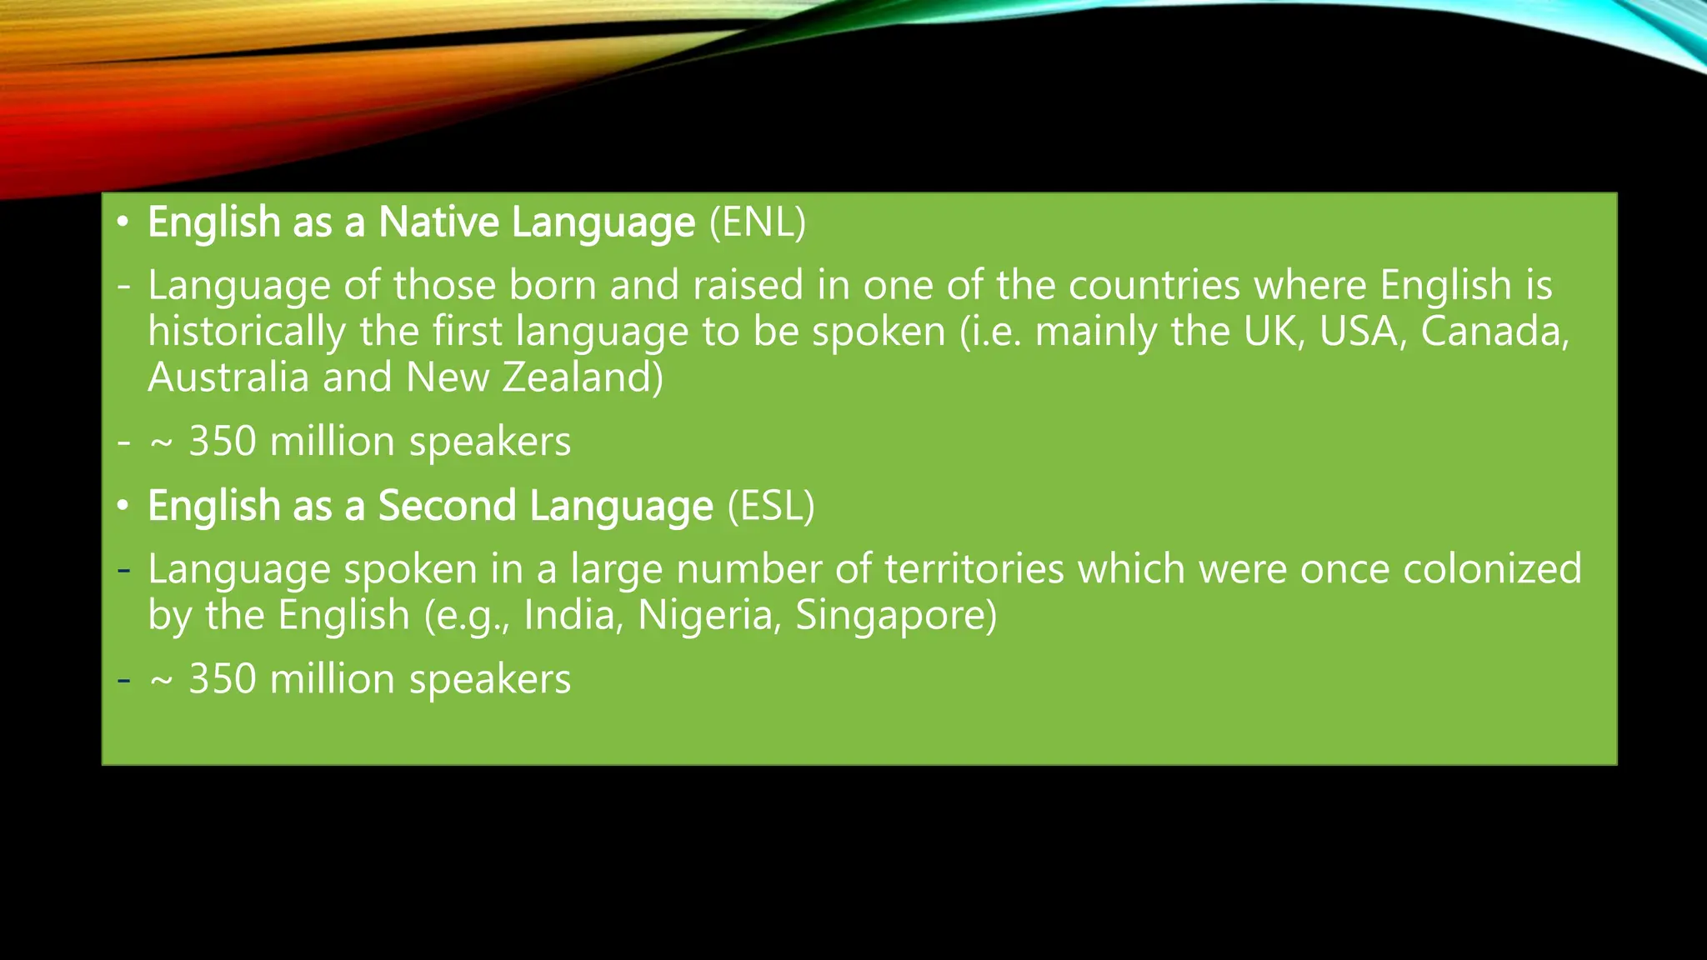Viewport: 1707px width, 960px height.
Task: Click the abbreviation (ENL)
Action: coord(757,222)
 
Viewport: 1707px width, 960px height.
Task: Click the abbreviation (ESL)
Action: coord(770,506)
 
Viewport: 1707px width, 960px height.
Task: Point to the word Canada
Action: coord(1494,331)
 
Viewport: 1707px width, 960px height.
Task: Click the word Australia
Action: coord(228,377)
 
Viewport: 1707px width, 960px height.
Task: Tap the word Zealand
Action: coord(583,377)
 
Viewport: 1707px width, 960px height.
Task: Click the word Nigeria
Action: coord(709,615)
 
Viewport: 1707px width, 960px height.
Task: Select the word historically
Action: coord(247,332)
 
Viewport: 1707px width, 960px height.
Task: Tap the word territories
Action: coord(974,569)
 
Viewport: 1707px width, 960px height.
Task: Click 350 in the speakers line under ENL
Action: coord(223,442)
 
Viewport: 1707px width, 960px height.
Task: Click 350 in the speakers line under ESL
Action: coord(223,679)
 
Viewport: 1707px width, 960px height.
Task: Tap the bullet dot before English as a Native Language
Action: coord(123,222)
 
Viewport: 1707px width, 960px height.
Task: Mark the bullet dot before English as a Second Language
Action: coord(123,506)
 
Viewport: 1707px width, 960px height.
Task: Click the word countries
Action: coord(1154,286)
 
